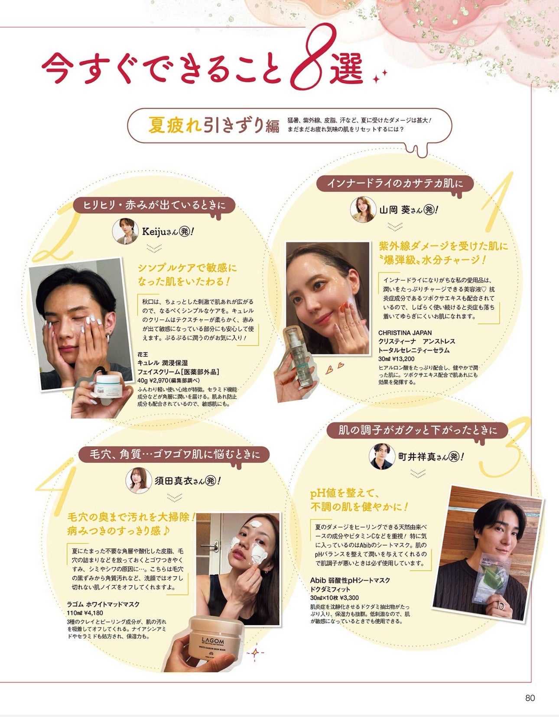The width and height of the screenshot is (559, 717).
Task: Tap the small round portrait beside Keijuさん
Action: click(125, 231)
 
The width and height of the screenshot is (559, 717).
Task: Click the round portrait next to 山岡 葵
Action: click(363, 210)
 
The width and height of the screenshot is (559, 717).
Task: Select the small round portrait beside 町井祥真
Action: click(382, 456)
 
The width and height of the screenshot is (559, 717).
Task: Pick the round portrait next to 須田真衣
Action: click(139, 480)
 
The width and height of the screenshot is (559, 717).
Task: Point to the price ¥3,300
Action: click(349, 597)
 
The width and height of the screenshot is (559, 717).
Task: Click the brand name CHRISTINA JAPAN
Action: click(405, 333)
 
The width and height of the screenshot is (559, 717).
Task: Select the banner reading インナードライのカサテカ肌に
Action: click(395, 183)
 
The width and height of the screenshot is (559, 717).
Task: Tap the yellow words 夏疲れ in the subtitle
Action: click(175, 126)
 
